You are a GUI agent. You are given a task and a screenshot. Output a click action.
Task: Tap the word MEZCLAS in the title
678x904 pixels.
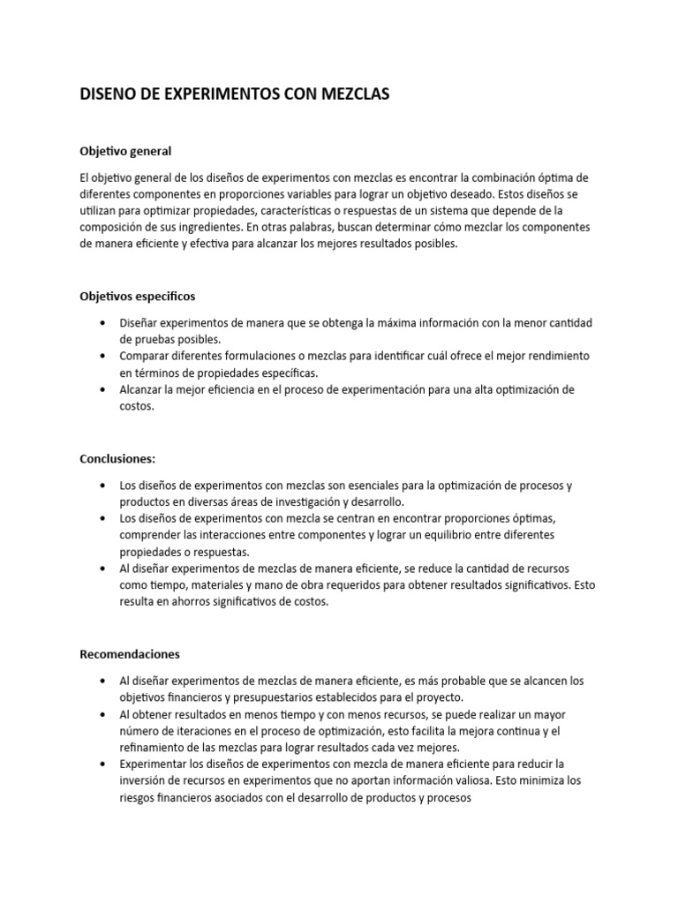click(x=351, y=94)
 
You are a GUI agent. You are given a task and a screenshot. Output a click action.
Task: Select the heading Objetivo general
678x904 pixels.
click(x=125, y=151)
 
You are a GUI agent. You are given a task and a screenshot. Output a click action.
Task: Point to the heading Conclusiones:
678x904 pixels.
click(x=118, y=459)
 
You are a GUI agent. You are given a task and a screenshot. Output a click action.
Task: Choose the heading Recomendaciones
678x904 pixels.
click(x=130, y=654)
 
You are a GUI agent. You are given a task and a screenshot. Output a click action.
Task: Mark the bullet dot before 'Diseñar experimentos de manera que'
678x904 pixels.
click(x=104, y=323)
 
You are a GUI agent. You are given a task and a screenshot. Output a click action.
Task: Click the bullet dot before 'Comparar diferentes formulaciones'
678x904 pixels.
click(x=104, y=356)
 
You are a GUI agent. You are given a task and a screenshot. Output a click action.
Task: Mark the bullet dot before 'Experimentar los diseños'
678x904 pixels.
click(x=104, y=763)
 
